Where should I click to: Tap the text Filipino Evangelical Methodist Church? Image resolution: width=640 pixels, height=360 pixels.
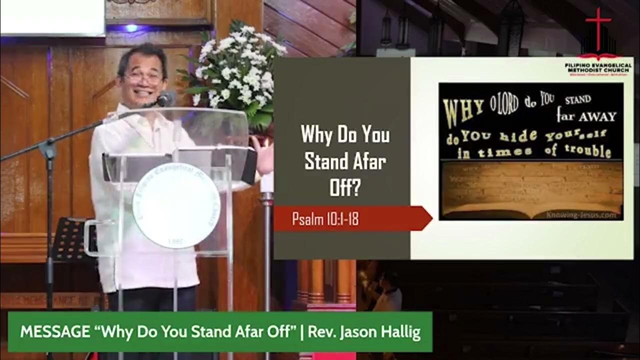(x=598, y=68)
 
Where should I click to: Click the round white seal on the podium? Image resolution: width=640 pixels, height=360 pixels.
(x=176, y=205)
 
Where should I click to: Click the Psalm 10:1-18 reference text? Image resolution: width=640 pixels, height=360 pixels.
(x=325, y=219)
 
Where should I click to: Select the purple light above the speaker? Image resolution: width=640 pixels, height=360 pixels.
(x=131, y=28)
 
